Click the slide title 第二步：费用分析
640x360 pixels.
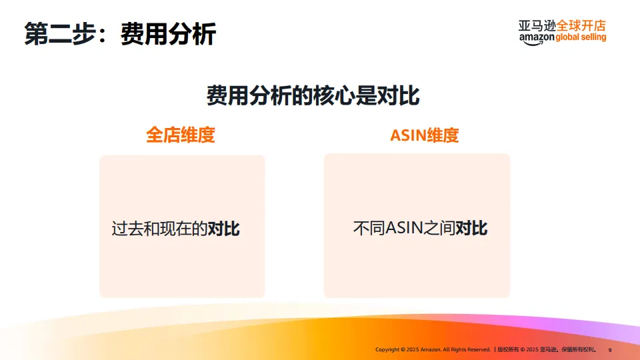[x=120, y=33]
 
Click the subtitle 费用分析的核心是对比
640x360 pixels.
[x=313, y=95]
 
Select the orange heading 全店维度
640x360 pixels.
[x=181, y=135]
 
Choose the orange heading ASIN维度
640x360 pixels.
[x=425, y=135]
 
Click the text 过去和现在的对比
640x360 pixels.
[x=175, y=229]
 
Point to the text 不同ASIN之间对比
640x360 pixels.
[x=420, y=229]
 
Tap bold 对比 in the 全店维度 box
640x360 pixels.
[x=224, y=229]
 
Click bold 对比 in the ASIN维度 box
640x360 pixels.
[x=472, y=229]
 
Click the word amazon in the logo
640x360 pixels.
[x=536, y=38]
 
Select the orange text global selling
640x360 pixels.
[x=581, y=38]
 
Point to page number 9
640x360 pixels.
[x=610, y=349]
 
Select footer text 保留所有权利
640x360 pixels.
[x=579, y=349]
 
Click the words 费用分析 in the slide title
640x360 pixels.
[x=168, y=33]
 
